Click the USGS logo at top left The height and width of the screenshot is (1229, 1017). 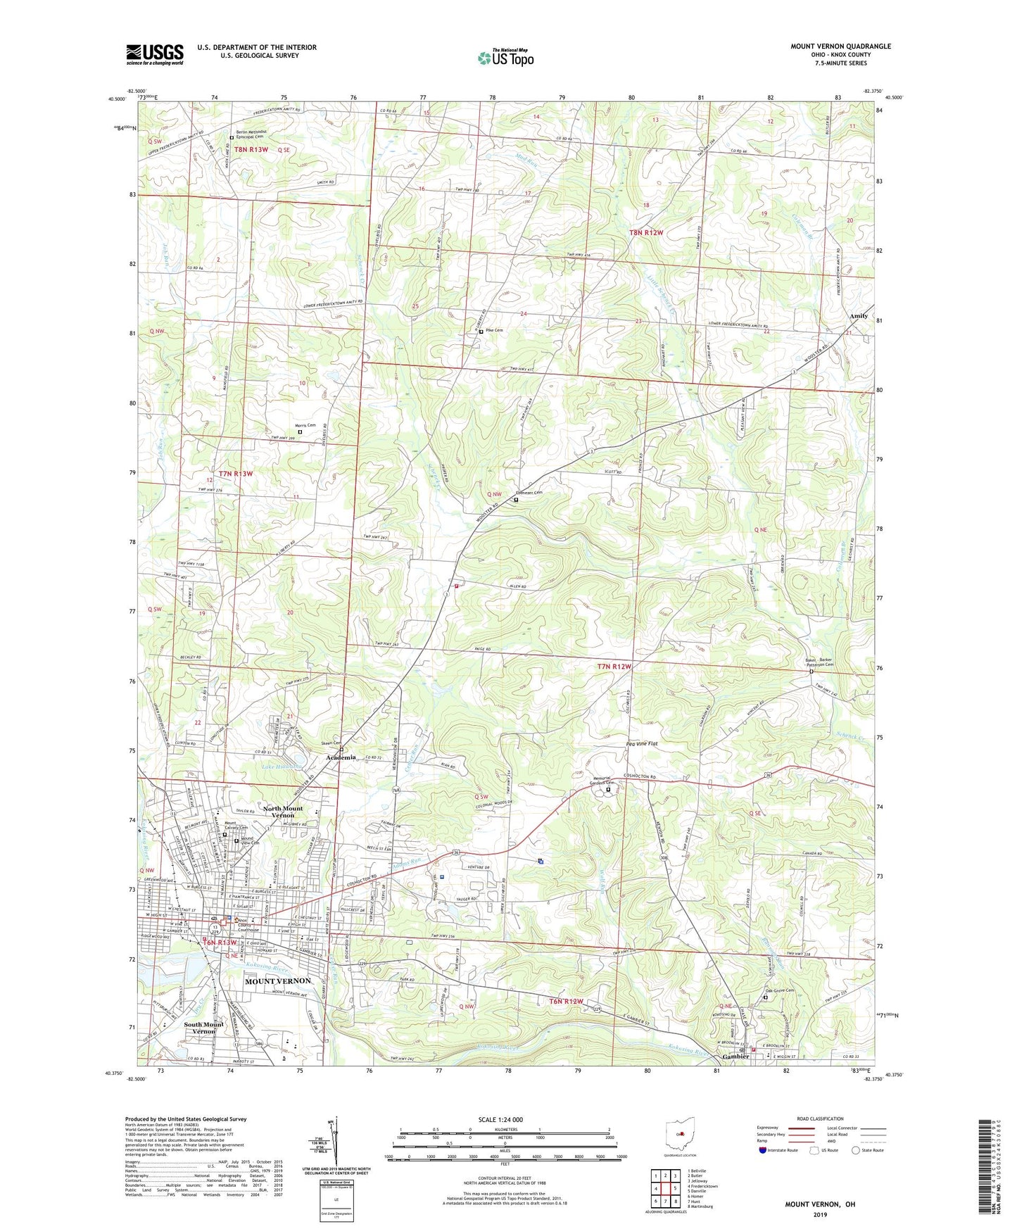pos(154,54)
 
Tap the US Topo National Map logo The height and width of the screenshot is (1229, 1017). pos(505,58)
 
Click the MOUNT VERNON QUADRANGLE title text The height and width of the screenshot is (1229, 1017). pos(840,46)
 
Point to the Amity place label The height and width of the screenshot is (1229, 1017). pos(858,316)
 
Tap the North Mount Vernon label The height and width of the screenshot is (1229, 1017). pos(282,812)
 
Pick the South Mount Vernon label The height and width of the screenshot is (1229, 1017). pos(203,1028)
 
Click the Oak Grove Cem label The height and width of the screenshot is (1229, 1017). pos(779,991)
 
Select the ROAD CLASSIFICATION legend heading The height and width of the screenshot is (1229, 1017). pos(819,1118)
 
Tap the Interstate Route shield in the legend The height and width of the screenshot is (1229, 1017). pos(763,1150)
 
